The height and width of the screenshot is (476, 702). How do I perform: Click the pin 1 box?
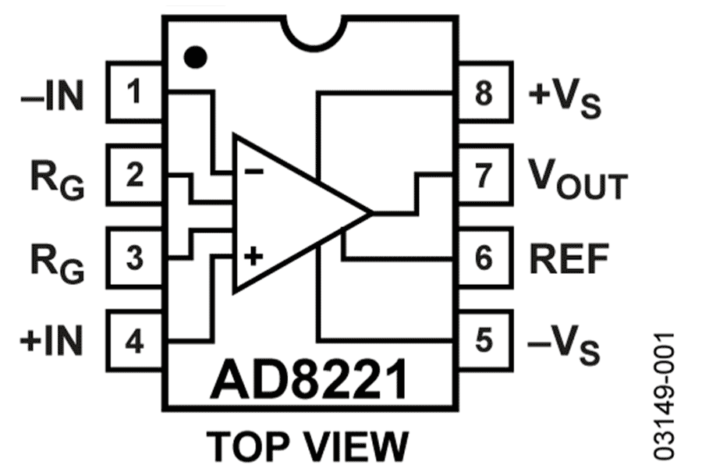(x=134, y=94)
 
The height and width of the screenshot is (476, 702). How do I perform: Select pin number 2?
(x=134, y=176)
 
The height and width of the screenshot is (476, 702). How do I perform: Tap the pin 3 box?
(x=134, y=258)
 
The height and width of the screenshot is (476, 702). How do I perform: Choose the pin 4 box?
(x=134, y=340)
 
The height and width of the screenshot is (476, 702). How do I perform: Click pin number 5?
(x=484, y=340)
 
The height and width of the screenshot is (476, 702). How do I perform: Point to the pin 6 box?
(x=484, y=258)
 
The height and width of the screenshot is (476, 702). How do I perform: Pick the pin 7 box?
(x=484, y=176)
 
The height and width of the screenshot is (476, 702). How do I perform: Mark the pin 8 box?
(x=484, y=94)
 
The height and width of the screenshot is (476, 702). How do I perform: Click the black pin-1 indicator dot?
(x=195, y=56)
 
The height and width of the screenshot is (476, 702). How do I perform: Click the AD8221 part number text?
(x=308, y=380)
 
